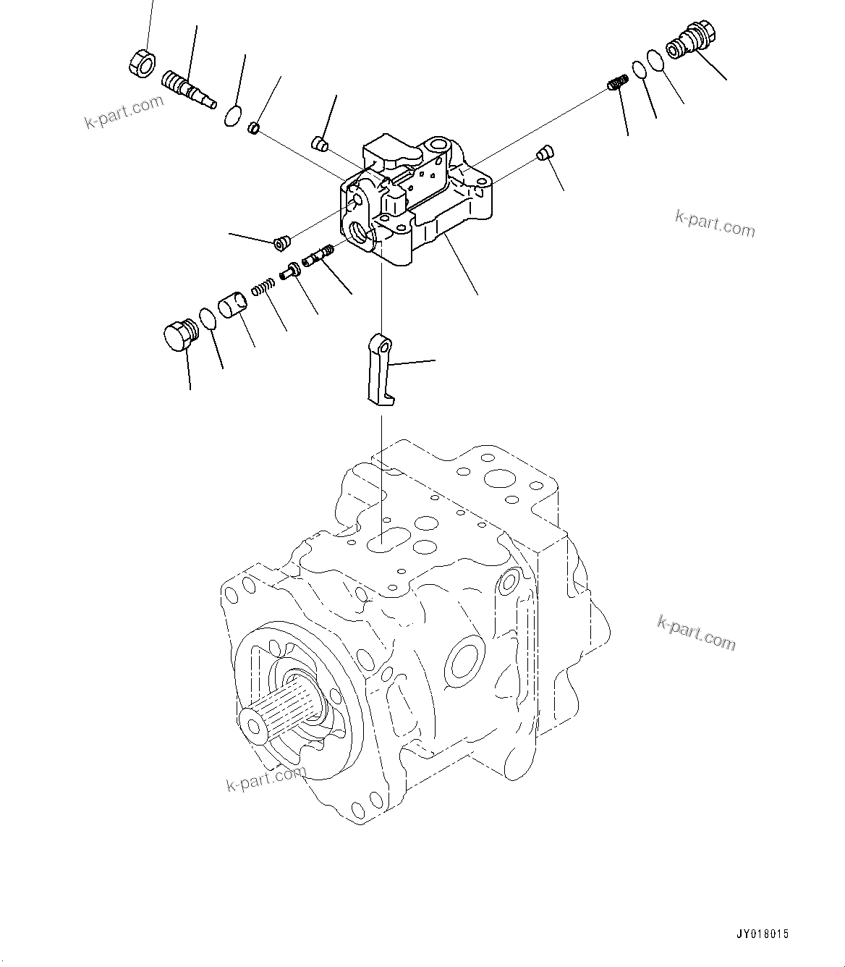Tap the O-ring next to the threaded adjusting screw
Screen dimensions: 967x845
click(233, 115)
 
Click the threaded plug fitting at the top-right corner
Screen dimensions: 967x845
click(692, 43)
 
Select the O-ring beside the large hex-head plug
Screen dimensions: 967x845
click(208, 318)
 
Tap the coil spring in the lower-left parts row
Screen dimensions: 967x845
click(263, 285)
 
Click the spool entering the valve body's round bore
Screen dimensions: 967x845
click(318, 255)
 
